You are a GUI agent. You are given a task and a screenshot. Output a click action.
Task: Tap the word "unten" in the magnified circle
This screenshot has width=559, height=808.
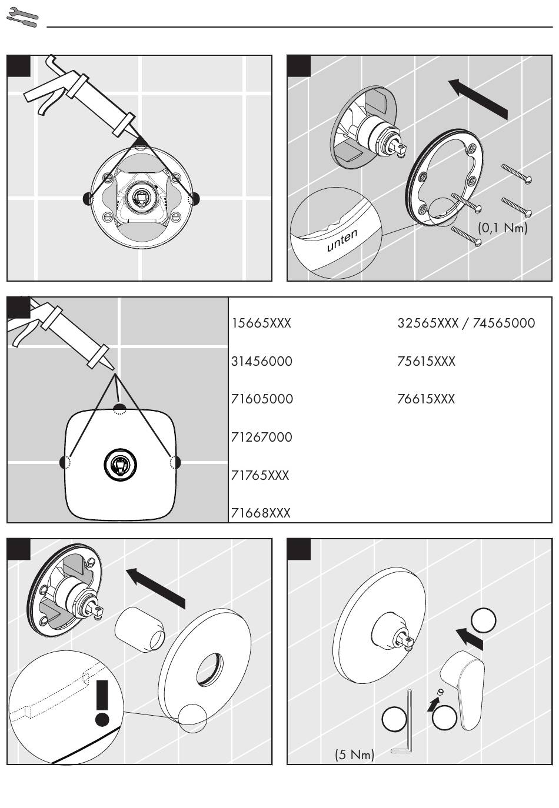[342, 241]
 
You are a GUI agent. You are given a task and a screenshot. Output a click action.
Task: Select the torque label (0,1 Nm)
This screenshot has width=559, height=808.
[503, 228]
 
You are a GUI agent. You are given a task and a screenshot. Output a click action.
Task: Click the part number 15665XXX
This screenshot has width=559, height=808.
[261, 323]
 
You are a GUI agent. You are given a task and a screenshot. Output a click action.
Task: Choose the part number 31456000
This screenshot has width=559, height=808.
[262, 361]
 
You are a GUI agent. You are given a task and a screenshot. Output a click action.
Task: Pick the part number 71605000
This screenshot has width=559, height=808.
[262, 399]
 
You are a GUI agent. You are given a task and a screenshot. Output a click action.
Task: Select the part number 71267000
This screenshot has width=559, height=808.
[262, 437]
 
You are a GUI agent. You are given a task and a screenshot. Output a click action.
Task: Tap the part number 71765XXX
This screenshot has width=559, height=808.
[260, 475]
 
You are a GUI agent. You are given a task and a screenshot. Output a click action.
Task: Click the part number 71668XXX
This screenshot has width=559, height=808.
[261, 513]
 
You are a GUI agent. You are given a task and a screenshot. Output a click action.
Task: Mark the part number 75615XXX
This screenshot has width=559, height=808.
[426, 361]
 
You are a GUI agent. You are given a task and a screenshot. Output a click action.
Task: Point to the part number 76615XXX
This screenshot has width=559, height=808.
[426, 399]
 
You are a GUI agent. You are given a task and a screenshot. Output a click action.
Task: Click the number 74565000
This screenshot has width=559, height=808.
[504, 323]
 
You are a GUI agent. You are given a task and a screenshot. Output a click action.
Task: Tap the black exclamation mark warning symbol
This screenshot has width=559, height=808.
[102, 703]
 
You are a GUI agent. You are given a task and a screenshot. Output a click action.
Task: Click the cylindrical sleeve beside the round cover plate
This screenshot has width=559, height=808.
[140, 630]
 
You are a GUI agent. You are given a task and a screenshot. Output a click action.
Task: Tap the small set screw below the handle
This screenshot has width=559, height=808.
[440, 692]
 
